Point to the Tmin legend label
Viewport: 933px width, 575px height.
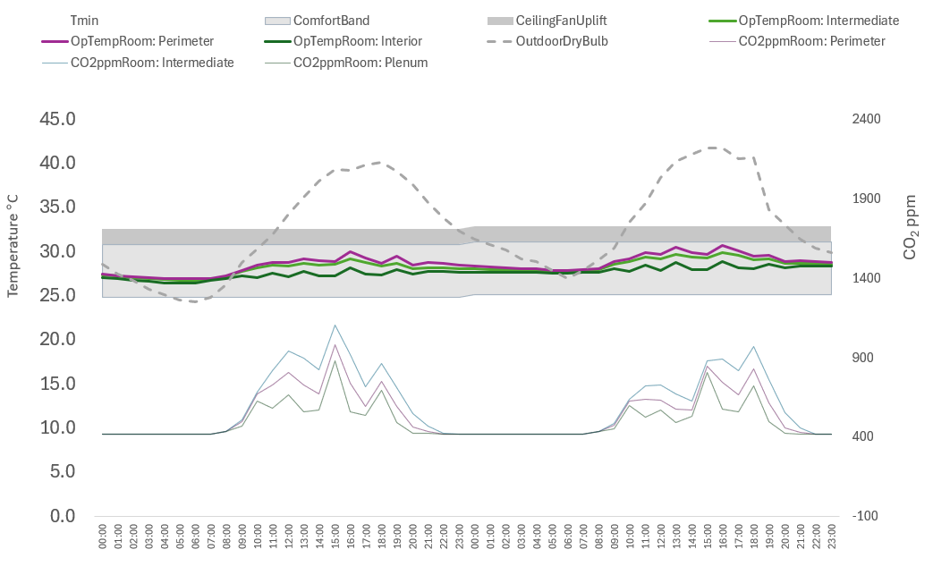coord(84,20)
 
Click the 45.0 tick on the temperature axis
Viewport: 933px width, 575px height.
coord(57,119)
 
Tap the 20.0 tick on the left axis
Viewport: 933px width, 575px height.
coord(57,340)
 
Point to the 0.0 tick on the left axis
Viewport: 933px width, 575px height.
coord(62,516)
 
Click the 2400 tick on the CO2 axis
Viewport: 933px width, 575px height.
coord(866,119)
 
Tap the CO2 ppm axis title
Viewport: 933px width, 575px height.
coord(911,227)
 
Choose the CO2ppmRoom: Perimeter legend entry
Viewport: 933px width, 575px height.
coord(811,41)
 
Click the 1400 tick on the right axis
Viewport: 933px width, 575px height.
coord(866,278)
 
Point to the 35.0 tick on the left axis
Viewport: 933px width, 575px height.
coord(57,207)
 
